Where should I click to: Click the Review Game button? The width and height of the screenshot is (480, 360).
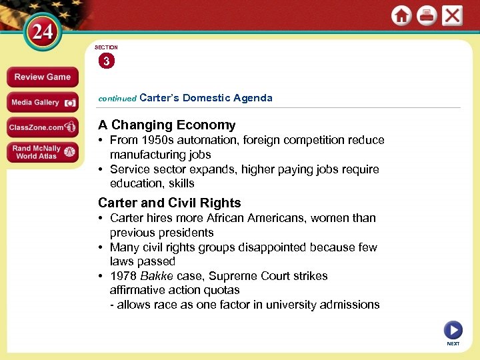(42, 77)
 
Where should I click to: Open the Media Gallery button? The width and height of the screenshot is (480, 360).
(42, 103)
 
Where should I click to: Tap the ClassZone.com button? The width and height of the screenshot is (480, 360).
(42, 127)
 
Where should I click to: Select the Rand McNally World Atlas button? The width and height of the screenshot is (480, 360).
(42, 152)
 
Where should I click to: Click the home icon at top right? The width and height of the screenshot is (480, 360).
(401, 15)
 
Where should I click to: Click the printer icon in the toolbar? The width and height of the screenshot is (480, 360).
(427, 15)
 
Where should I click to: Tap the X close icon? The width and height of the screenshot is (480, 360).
(452, 15)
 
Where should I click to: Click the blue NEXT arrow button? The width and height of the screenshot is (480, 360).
(453, 330)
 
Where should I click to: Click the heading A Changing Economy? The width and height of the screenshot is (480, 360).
(167, 125)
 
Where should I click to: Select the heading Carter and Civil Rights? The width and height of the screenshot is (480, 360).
(169, 203)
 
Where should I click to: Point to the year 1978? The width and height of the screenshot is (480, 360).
(123, 276)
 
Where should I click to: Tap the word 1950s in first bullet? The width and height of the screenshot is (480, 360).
(153, 140)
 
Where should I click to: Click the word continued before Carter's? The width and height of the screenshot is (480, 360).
(117, 98)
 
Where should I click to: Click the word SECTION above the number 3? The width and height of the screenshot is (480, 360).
(106, 47)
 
